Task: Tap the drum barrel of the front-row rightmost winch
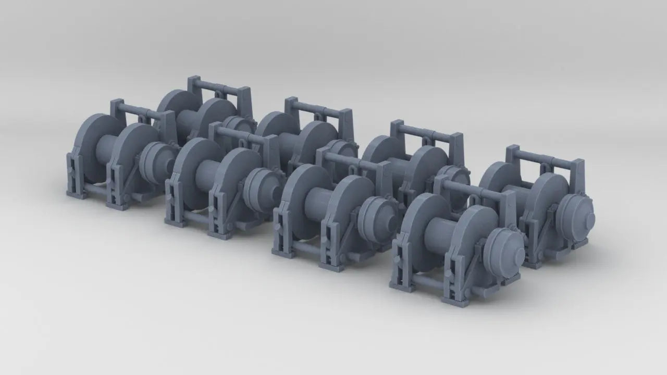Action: (437, 235)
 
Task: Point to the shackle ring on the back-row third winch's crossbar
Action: (426, 141)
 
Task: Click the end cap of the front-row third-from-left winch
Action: (378, 216)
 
